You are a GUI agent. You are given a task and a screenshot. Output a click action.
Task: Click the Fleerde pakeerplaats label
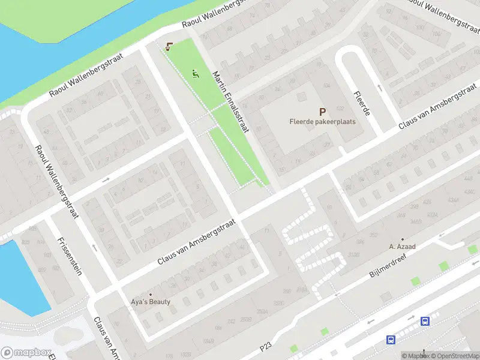[x=322, y=121]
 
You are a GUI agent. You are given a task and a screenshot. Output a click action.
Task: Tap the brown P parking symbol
[x=323, y=111]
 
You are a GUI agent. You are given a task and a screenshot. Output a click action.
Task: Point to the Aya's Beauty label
[x=151, y=302]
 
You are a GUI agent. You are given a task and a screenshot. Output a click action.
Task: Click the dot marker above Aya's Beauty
[x=151, y=294]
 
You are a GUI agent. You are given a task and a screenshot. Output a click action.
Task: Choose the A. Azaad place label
[x=403, y=247]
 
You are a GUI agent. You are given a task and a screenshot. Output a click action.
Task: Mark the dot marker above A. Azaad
[x=403, y=239]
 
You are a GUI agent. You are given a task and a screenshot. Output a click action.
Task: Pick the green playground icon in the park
[x=195, y=74]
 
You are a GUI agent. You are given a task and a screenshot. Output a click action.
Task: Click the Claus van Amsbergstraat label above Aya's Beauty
[x=196, y=241]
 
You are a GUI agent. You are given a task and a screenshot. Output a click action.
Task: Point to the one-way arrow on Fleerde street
[x=379, y=88]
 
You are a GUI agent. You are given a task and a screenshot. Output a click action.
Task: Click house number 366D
[x=415, y=221]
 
